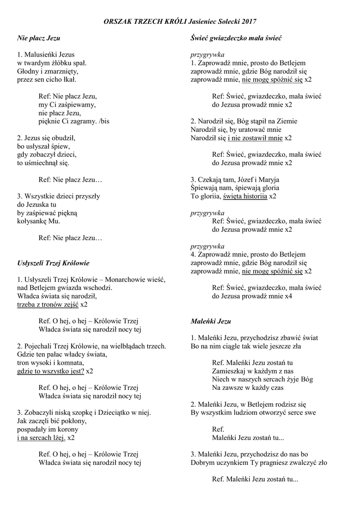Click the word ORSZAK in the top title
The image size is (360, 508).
[117, 22]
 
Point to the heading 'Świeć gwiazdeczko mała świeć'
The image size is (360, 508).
[236, 38]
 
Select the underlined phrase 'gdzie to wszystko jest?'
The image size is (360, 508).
[50, 371]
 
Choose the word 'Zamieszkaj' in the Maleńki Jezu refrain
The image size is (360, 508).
[229, 371]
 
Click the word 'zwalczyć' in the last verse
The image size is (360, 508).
[298, 463]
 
